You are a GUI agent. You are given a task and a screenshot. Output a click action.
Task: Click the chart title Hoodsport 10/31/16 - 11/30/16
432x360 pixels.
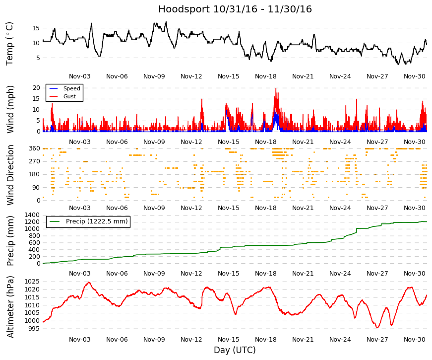(235, 9)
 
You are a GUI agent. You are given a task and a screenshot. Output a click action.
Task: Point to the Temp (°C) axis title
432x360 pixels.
(9, 44)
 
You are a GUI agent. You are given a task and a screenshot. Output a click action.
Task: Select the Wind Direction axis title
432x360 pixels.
(10, 175)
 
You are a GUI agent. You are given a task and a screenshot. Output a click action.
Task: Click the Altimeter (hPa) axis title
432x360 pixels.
(10, 307)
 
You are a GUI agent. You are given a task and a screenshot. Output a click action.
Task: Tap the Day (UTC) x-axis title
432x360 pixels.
(235, 350)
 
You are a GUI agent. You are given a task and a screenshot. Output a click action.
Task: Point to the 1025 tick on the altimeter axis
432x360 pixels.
(32, 282)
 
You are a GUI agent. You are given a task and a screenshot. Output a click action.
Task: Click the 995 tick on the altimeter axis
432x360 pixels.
(34, 329)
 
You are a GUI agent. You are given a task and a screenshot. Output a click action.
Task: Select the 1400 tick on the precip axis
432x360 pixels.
(32, 215)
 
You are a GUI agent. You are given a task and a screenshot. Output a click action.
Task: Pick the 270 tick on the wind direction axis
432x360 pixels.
(34, 161)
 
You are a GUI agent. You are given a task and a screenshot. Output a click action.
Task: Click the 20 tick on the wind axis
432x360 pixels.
(36, 88)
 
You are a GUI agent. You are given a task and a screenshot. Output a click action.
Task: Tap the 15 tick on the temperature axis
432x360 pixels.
(36, 28)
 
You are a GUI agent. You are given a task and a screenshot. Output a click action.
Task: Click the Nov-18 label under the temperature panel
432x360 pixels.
(265, 76)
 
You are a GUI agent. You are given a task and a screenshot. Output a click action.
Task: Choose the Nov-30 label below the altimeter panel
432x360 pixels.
(414, 340)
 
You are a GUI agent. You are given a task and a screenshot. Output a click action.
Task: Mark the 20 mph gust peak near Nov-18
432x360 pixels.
(276, 88)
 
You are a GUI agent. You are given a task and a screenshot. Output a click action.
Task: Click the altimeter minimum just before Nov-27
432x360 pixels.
(377, 327)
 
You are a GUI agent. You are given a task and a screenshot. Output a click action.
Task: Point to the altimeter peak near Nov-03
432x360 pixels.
(89, 282)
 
